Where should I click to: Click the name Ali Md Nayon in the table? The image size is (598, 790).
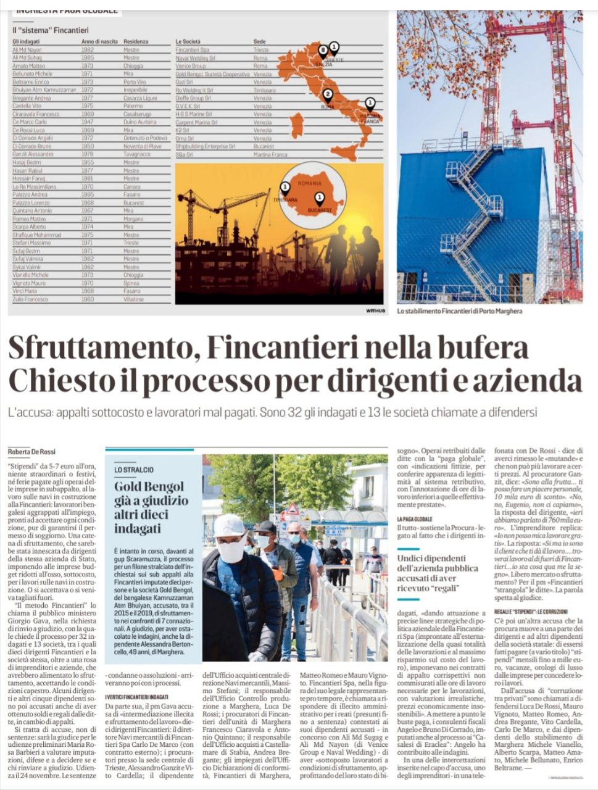click(x=28, y=50)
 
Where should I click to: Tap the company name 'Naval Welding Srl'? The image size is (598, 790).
click(x=196, y=58)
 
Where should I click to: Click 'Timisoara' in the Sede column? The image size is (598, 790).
click(x=264, y=90)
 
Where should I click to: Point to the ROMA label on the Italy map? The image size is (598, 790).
click(x=327, y=107)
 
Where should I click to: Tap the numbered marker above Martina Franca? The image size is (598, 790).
click(x=370, y=102)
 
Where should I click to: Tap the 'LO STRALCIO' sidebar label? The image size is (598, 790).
click(x=134, y=470)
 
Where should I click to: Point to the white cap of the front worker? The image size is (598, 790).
click(x=229, y=525)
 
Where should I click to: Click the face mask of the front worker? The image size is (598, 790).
click(x=231, y=551)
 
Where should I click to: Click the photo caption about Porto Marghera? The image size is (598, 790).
click(x=460, y=311)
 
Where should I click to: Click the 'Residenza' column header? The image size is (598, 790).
click(x=136, y=42)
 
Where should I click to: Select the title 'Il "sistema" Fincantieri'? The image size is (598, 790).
click(x=51, y=29)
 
